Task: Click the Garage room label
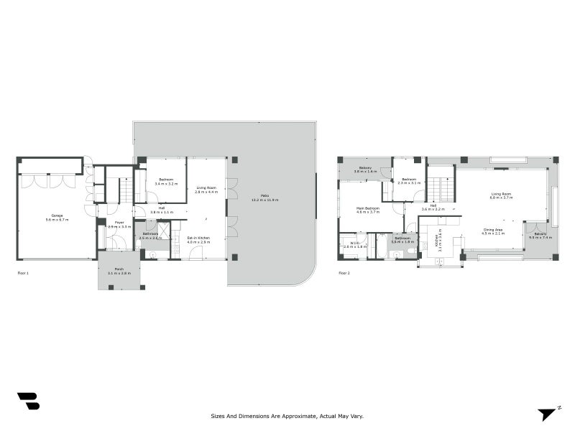(x=56, y=218)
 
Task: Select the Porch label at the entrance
(x=119, y=272)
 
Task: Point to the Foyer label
(x=119, y=224)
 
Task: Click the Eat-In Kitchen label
(x=198, y=240)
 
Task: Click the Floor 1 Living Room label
(x=207, y=190)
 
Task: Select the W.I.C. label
(x=355, y=244)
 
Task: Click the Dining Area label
(x=492, y=231)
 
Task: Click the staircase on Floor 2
(x=441, y=183)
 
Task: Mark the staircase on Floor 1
(x=125, y=190)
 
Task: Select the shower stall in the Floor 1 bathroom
(x=164, y=231)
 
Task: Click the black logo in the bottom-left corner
(x=28, y=401)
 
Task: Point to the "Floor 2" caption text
(x=344, y=274)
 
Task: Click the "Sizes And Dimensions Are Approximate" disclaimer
(x=287, y=415)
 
